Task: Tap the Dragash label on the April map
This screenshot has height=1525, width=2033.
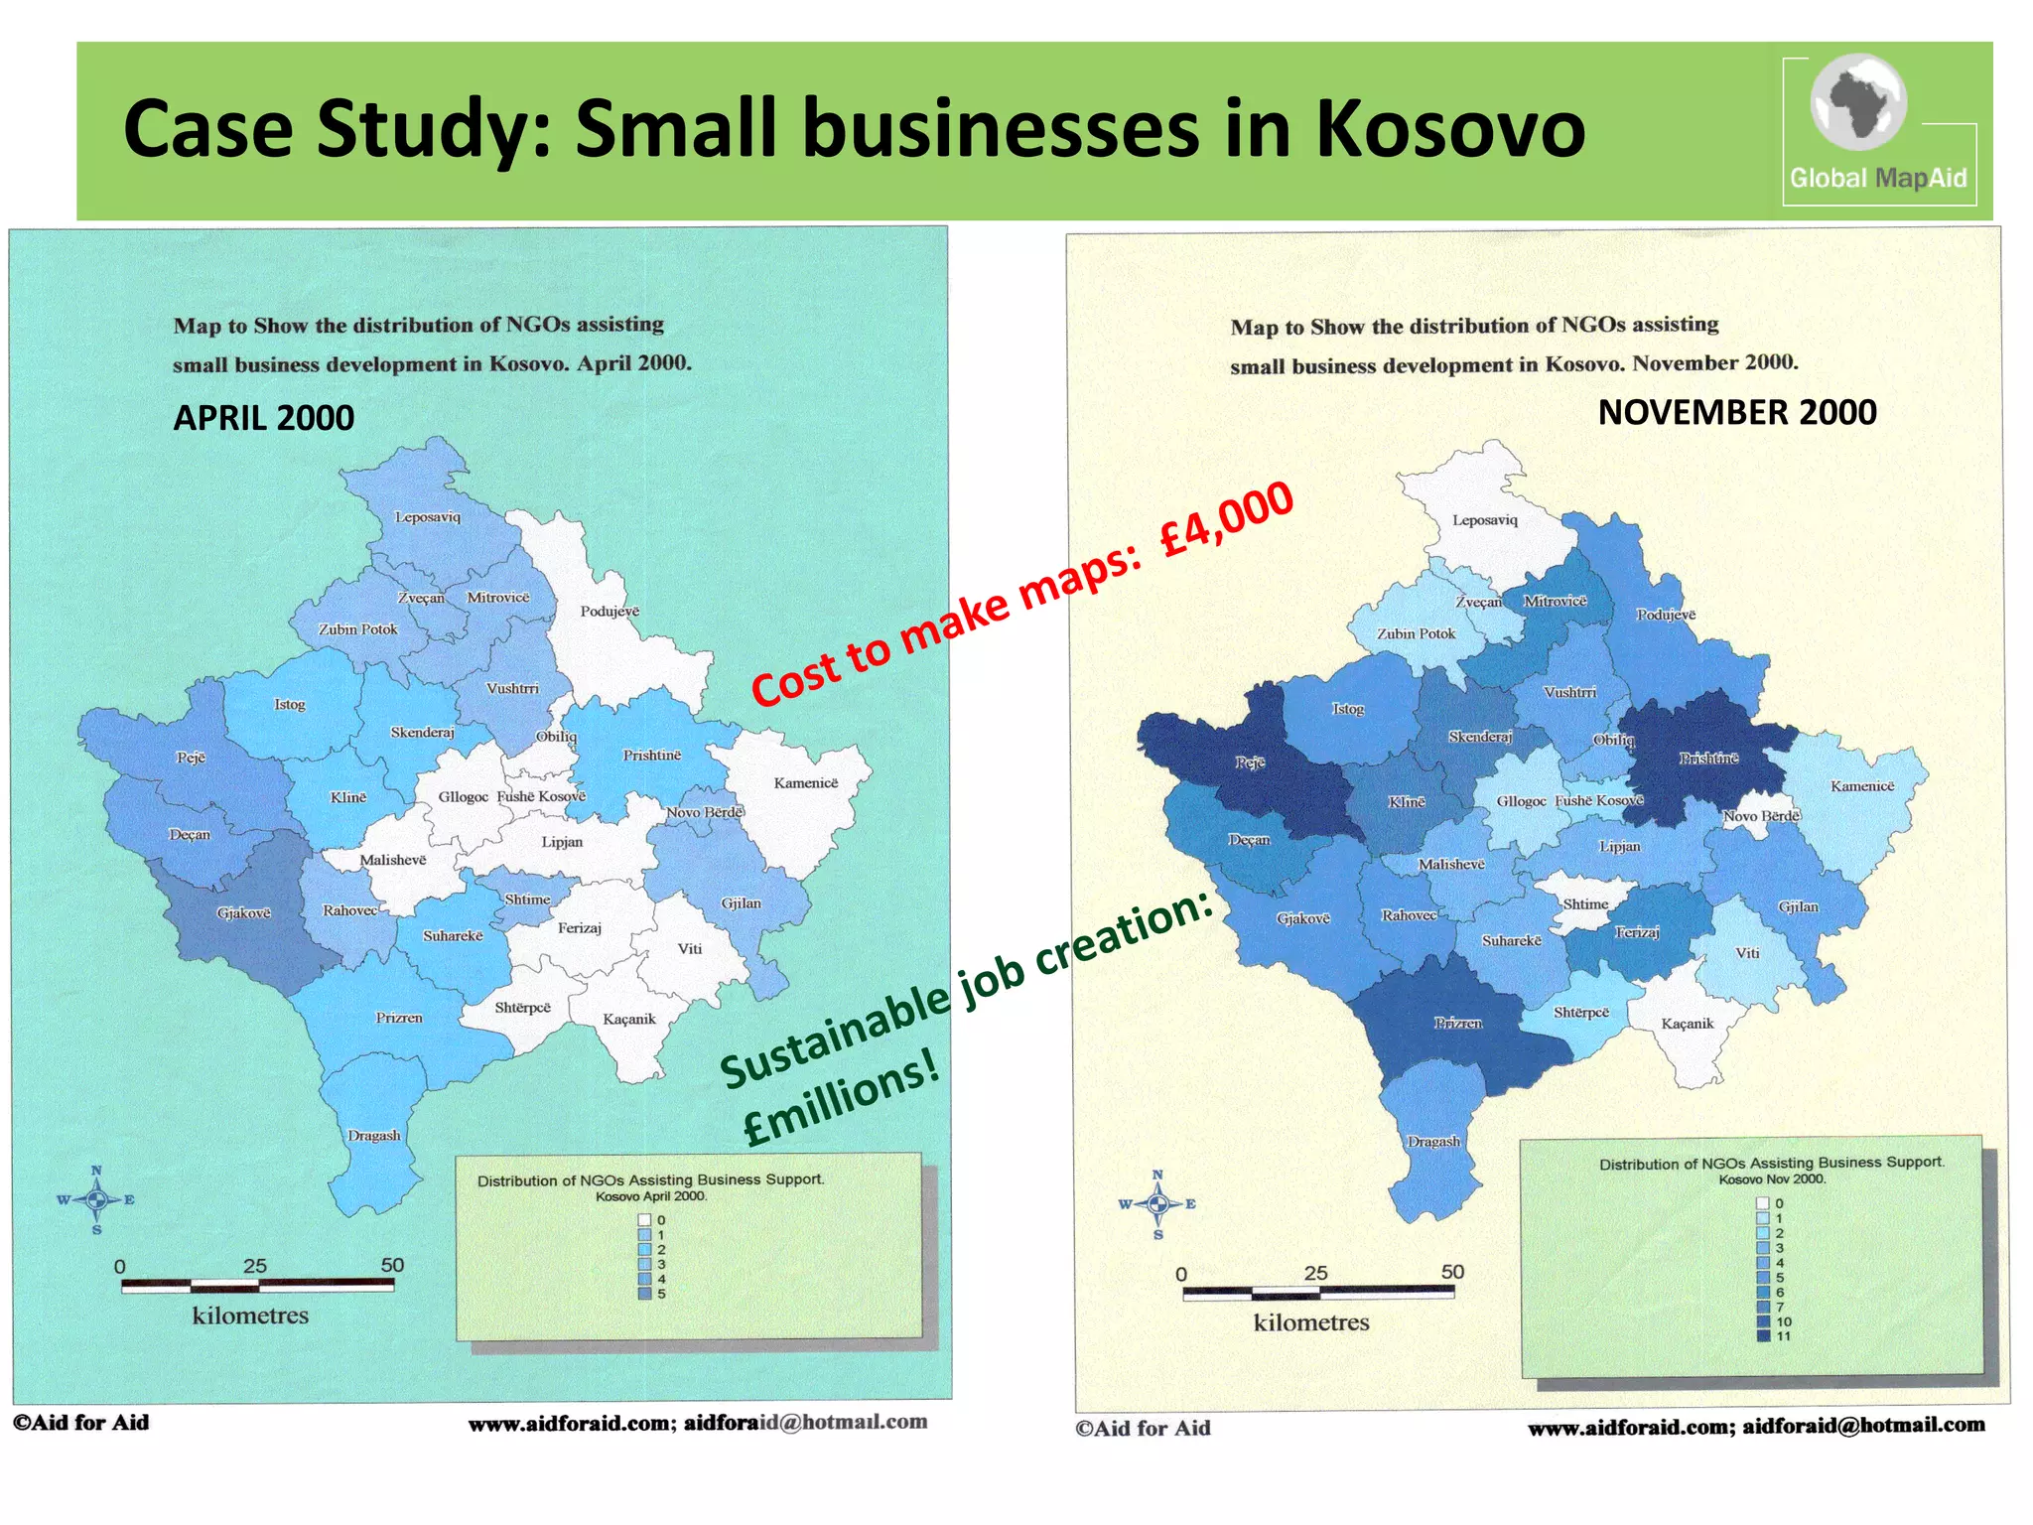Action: [x=374, y=1136]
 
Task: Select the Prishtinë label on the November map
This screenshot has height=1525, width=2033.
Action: [x=1708, y=759]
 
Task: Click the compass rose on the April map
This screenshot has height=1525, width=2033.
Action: [x=96, y=1200]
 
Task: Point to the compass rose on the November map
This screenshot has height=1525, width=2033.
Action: [x=1157, y=1204]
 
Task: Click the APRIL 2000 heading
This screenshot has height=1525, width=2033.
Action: [x=263, y=418]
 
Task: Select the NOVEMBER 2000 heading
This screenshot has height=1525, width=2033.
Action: [x=1736, y=412]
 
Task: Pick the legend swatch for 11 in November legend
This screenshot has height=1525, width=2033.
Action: [x=1763, y=1336]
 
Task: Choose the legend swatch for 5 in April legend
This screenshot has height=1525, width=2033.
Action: [x=644, y=1294]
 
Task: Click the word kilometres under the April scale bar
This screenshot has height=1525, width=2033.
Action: [x=250, y=1316]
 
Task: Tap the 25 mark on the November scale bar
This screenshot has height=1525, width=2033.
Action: [x=1315, y=1274]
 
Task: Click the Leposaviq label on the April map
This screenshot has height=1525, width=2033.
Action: [x=428, y=517]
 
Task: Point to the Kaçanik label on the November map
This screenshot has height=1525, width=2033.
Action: [x=1688, y=1024]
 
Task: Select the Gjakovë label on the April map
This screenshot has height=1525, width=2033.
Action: [x=244, y=913]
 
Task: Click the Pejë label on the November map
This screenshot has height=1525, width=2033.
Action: [x=1250, y=762]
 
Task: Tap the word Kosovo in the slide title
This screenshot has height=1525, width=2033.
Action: [x=1450, y=129]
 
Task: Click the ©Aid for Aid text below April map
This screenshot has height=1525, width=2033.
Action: [x=81, y=1423]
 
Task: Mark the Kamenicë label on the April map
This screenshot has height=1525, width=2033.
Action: [x=805, y=783]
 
